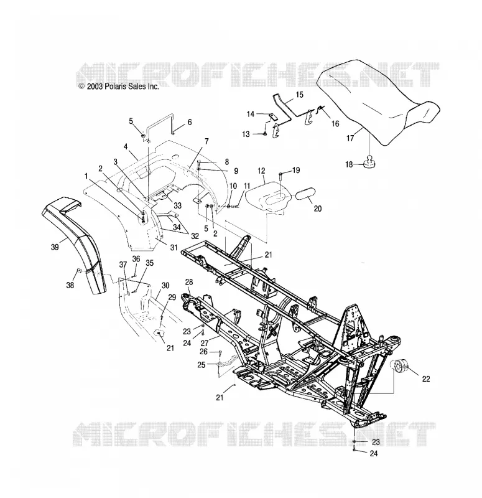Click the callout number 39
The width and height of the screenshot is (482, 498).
coord(55,247)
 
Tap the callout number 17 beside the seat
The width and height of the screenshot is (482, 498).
coord(350,138)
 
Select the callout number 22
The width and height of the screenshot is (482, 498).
coord(426,378)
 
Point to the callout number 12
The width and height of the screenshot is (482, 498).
coord(261,171)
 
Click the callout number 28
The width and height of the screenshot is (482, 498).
coord(189,282)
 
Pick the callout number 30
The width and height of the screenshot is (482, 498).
coord(165,286)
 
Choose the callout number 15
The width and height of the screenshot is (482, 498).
coord(300,95)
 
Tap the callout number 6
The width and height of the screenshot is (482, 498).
coord(190,122)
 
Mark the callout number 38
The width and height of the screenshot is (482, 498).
coord(70,285)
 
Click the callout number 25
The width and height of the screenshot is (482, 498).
coord(202,365)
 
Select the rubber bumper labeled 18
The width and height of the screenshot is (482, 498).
coord(369,161)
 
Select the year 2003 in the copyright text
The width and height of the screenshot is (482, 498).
coord(95,87)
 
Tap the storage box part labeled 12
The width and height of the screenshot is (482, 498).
coord(269,197)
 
